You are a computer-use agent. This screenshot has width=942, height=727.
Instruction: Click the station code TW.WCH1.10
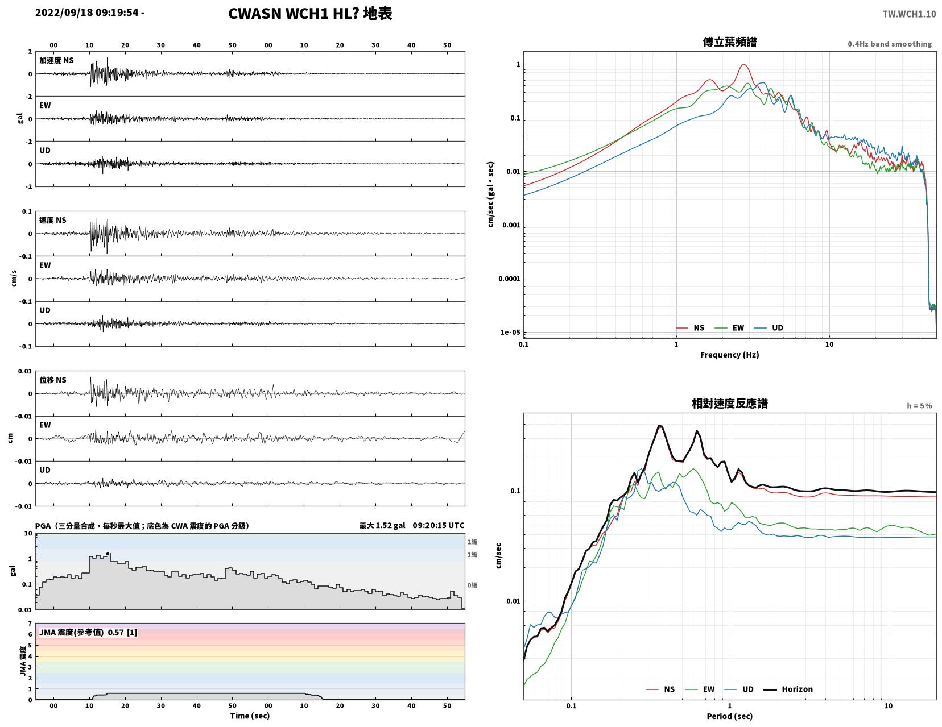[909, 14]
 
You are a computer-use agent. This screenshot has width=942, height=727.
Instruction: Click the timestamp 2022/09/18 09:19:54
[86, 13]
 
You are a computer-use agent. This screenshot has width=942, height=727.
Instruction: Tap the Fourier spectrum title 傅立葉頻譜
[730, 42]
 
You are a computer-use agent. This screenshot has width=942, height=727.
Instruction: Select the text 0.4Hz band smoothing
[890, 44]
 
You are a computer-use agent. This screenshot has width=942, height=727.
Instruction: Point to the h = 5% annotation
[919, 406]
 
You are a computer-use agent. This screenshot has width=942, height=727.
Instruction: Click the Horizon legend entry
[788, 689]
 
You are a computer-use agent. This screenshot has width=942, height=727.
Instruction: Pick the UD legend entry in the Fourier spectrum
[769, 328]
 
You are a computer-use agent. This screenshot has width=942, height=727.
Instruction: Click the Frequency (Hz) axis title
[730, 355]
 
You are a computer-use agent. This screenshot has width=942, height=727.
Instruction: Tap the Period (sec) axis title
[730, 716]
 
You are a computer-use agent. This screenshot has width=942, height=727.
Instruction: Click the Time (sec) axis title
[250, 716]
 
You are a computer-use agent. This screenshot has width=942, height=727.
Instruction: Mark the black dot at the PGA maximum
[108, 554]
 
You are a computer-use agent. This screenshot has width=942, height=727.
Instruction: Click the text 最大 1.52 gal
[382, 525]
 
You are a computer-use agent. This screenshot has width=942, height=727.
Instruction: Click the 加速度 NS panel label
[56, 60]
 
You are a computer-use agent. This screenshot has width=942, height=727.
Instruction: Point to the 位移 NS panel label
[53, 380]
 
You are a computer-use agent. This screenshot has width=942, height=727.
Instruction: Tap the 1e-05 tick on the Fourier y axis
[510, 332]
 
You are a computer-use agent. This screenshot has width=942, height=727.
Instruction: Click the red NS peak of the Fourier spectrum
[743, 65]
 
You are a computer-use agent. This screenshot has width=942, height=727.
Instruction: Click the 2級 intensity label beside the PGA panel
[472, 542]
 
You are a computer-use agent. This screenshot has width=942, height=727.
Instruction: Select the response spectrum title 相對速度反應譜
[730, 404]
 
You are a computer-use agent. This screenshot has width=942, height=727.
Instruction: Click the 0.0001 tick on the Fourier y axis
[509, 279]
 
